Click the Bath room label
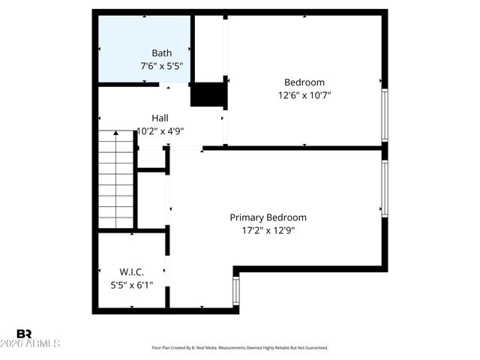(161, 53)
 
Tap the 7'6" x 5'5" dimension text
(161, 66)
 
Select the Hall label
(160, 118)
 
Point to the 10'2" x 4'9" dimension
(160, 130)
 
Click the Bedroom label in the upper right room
(304, 82)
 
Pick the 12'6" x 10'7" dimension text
(304, 95)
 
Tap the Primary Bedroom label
(268, 217)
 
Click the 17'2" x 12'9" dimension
(268, 230)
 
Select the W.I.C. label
(131, 271)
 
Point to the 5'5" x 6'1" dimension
(131, 284)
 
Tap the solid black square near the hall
(208, 94)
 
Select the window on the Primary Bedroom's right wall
(385, 188)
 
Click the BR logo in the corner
(24, 333)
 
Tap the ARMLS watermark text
(37, 343)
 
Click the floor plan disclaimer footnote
(240, 348)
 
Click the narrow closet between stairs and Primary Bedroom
(151, 199)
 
